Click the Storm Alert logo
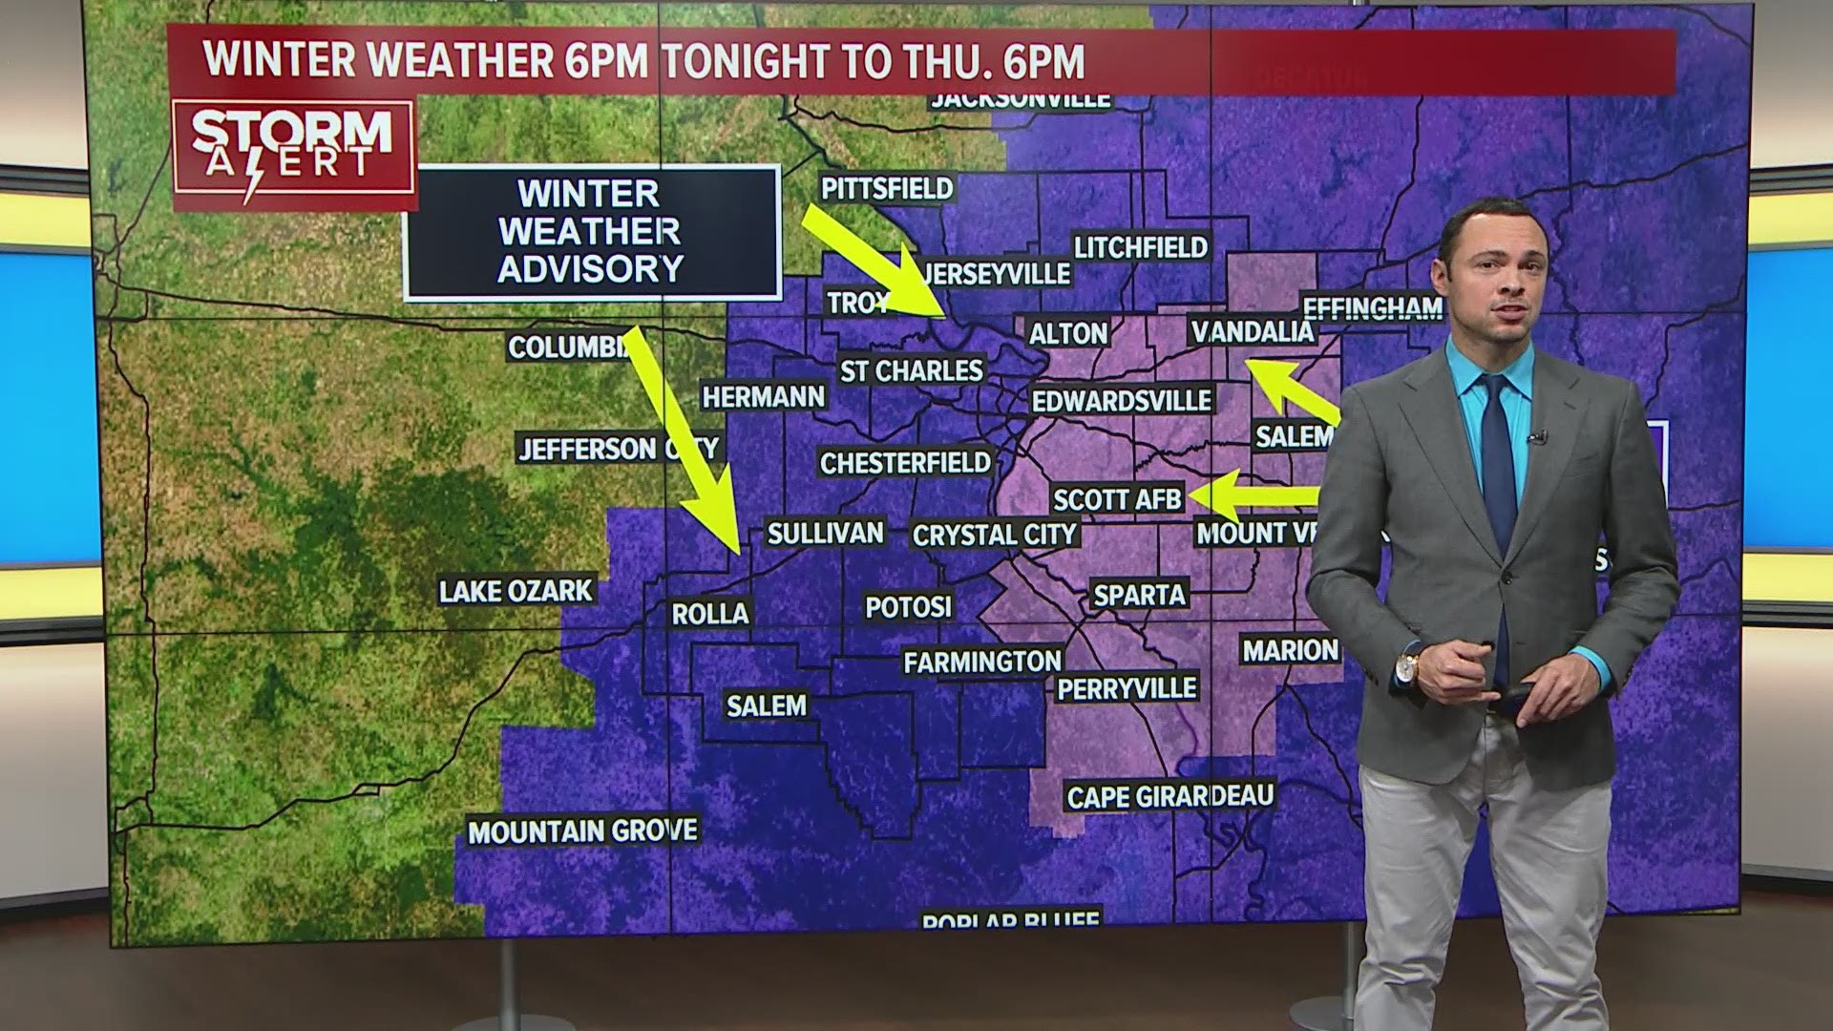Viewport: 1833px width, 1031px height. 292,154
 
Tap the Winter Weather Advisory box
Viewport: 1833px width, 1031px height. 591,232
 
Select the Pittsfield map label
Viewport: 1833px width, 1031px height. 887,188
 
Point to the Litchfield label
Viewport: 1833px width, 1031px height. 1141,247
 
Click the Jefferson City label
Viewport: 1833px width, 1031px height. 618,448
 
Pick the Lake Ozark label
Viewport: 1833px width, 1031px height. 516,591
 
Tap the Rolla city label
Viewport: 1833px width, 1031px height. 710,613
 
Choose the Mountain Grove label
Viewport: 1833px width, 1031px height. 582,831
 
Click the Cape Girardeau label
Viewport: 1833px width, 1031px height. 1169,796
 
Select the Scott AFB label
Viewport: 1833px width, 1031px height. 1117,498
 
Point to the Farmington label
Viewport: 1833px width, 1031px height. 982,661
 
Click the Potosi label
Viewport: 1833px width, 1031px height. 908,606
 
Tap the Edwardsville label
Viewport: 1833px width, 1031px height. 1122,400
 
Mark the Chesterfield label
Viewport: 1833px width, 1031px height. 905,463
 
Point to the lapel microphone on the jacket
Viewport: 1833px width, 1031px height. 1536,437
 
